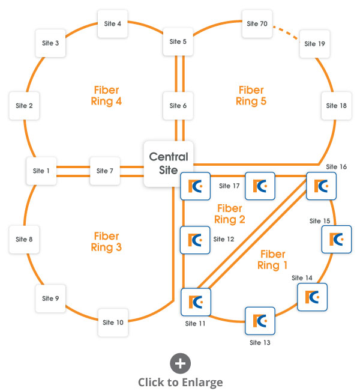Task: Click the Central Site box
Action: point(169,163)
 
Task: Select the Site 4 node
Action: point(112,24)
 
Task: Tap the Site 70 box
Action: point(257,24)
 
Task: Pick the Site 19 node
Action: point(314,44)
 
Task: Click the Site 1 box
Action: point(41,171)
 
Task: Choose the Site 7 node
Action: point(104,171)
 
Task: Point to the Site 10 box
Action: point(113,323)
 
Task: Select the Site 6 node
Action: point(178,106)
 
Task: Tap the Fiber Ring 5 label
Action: point(251,95)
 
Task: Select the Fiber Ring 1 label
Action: point(272,260)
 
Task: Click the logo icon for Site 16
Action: point(321,186)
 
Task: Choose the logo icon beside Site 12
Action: point(195,240)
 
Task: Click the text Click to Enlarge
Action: point(180,382)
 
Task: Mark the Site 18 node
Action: point(336,106)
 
